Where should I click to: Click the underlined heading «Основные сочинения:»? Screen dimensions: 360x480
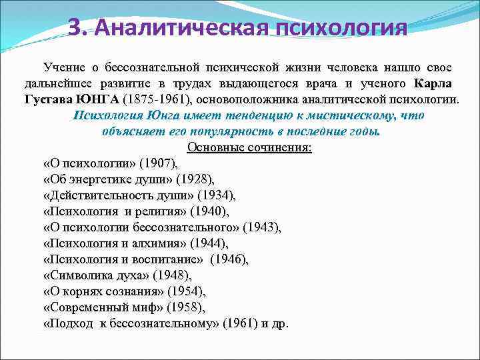click(249, 147)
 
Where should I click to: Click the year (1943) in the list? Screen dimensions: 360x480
click(262, 227)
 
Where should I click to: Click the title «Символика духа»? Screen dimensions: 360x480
click(96, 275)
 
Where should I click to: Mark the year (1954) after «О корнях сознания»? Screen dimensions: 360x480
click(186, 291)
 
